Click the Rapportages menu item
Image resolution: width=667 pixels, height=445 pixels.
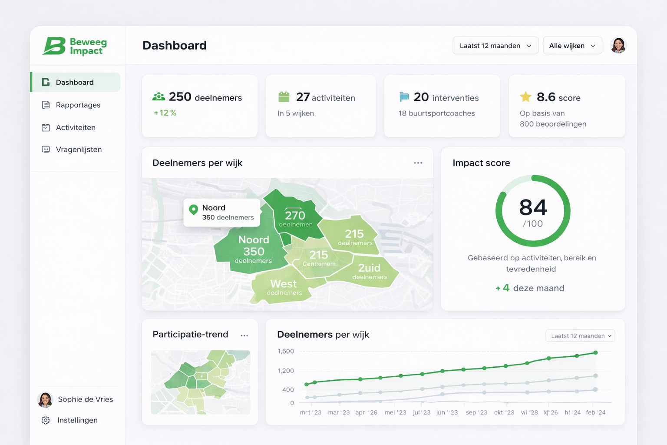78,105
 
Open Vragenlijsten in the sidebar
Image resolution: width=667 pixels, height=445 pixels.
79,149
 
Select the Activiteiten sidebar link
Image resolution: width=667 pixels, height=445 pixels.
76,127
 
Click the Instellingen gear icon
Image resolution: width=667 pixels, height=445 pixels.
46,420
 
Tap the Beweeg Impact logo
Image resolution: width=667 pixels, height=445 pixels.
75,46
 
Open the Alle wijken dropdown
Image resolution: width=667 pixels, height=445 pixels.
572,46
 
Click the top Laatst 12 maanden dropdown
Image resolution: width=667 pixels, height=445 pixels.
495,46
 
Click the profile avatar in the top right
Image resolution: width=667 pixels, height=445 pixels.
618,45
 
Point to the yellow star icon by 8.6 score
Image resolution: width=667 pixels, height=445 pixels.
525,97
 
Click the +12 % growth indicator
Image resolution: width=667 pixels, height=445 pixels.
165,113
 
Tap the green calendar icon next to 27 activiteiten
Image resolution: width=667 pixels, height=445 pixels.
284,97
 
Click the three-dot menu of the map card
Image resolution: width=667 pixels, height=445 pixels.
418,163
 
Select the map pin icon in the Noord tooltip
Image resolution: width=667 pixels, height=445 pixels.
194,209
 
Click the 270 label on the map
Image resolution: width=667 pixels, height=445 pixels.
295,215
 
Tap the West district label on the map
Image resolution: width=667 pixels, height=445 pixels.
283,284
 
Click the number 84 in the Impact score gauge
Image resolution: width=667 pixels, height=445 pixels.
533,208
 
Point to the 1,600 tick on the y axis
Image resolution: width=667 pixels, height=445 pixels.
286,351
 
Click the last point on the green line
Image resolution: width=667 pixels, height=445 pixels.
595,352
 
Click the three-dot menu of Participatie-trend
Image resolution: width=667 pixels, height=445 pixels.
244,335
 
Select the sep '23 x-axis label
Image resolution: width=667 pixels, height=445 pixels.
476,412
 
